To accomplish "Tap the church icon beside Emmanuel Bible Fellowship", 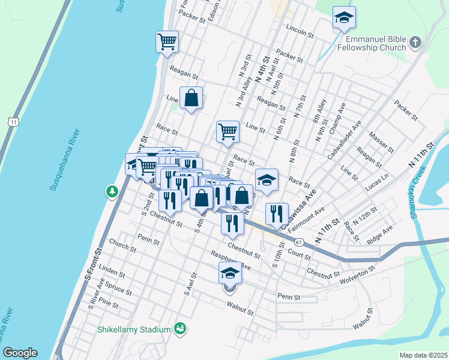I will [x=415, y=43].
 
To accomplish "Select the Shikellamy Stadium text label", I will [x=134, y=329].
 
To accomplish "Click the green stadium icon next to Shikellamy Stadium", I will [x=179, y=329].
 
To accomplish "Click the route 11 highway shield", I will [x=13, y=122].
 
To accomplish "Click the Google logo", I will [x=19, y=353].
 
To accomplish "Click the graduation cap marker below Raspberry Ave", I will [x=229, y=273].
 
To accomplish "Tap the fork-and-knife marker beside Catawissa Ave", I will [x=276, y=214].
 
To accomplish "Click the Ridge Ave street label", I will [x=379, y=233].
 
